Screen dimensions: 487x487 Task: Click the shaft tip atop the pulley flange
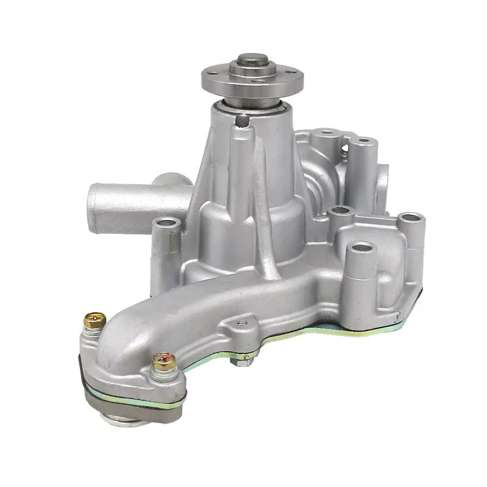point(252,60)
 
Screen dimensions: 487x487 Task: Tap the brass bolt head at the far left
point(94,319)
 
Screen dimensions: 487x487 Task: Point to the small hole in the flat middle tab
point(244,322)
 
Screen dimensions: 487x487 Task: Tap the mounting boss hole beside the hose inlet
point(166,224)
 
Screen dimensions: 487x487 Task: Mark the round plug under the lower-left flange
point(125,419)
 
